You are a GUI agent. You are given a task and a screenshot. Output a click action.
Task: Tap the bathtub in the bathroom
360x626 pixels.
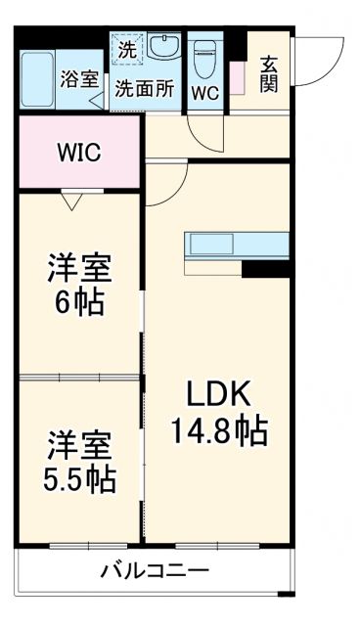click(42, 78)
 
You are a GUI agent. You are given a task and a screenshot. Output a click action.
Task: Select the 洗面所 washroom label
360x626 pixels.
click(145, 88)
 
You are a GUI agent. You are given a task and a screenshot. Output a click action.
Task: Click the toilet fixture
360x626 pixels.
click(204, 61)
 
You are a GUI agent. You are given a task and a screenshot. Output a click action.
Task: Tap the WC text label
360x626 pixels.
click(204, 93)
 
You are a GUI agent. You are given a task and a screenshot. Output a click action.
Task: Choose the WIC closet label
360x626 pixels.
click(78, 154)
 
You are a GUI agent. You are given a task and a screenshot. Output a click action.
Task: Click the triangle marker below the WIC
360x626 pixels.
click(72, 201)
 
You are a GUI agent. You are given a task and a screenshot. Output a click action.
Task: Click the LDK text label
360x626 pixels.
click(220, 396)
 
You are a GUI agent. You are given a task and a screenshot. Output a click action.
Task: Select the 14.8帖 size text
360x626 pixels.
click(221, 430)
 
